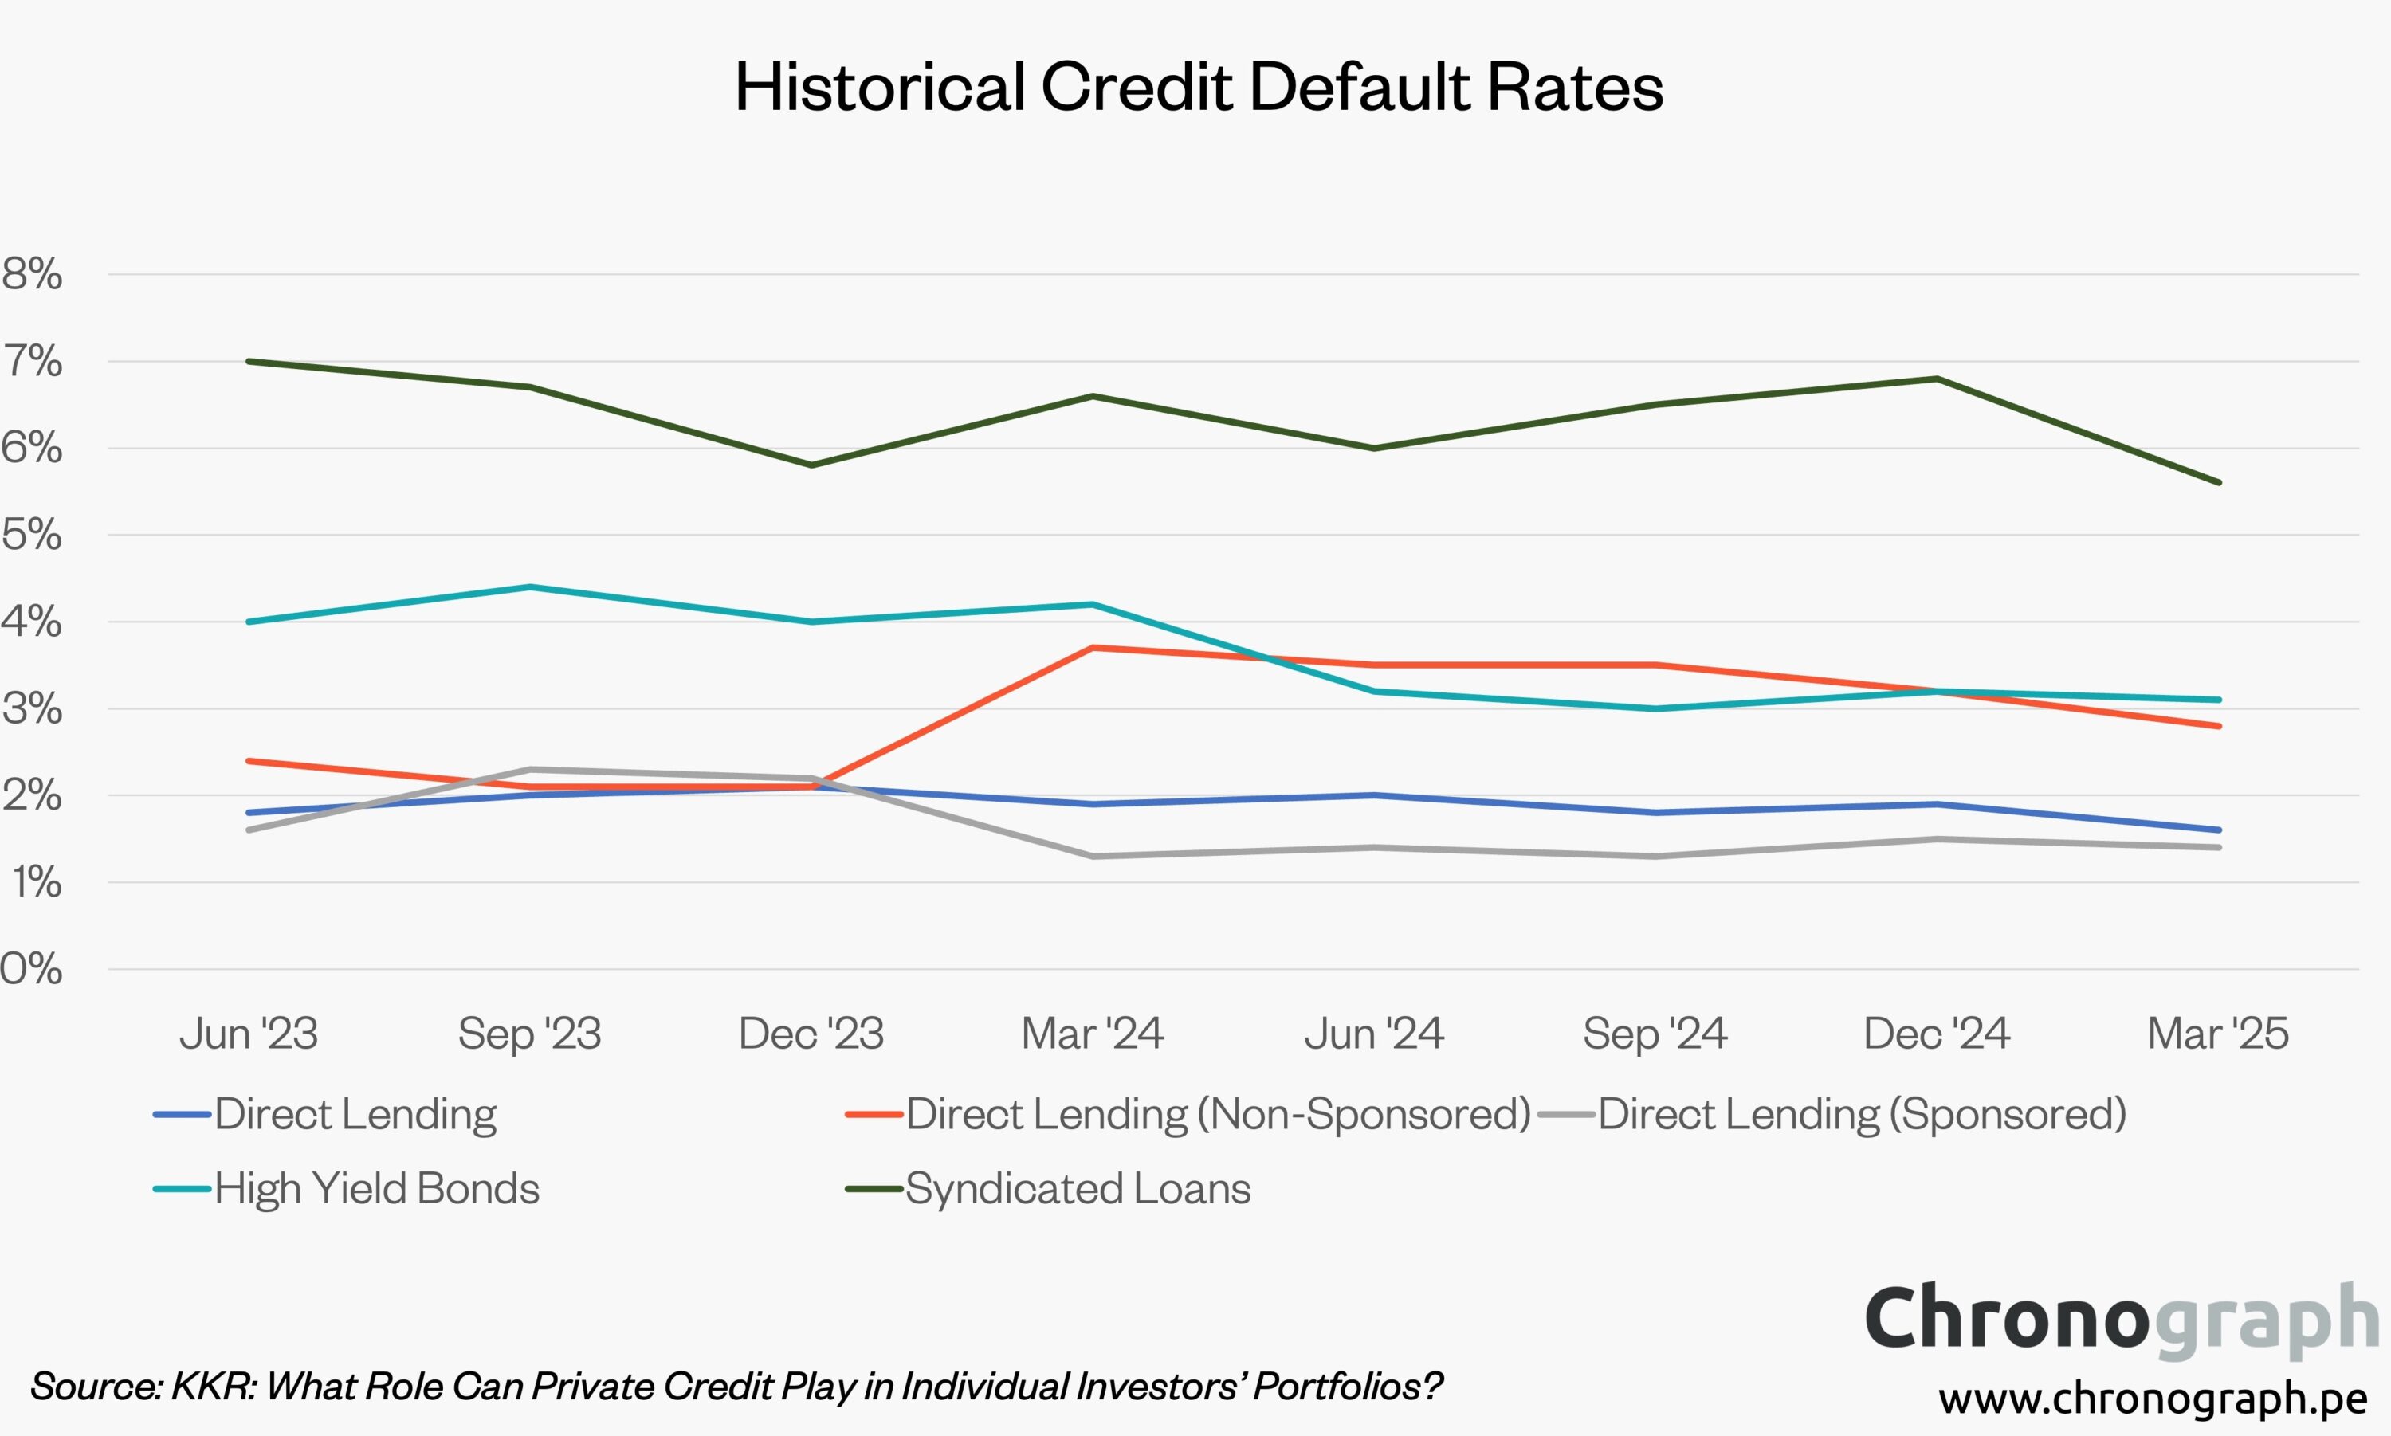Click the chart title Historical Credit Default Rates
point(1198,87)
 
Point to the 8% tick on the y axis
point(33,274)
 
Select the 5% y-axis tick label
point(33,534)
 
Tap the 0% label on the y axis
point(33,969)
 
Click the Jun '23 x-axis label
point(249,1034)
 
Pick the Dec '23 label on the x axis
point(811,1034)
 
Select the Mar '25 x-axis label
point(2218,1034)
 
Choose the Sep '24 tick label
point(1655,1034)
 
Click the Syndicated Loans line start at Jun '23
point(249,362)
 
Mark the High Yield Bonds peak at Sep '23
point(530,587)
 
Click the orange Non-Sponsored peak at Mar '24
point(1093,647)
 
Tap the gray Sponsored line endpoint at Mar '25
point(2219,848)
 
